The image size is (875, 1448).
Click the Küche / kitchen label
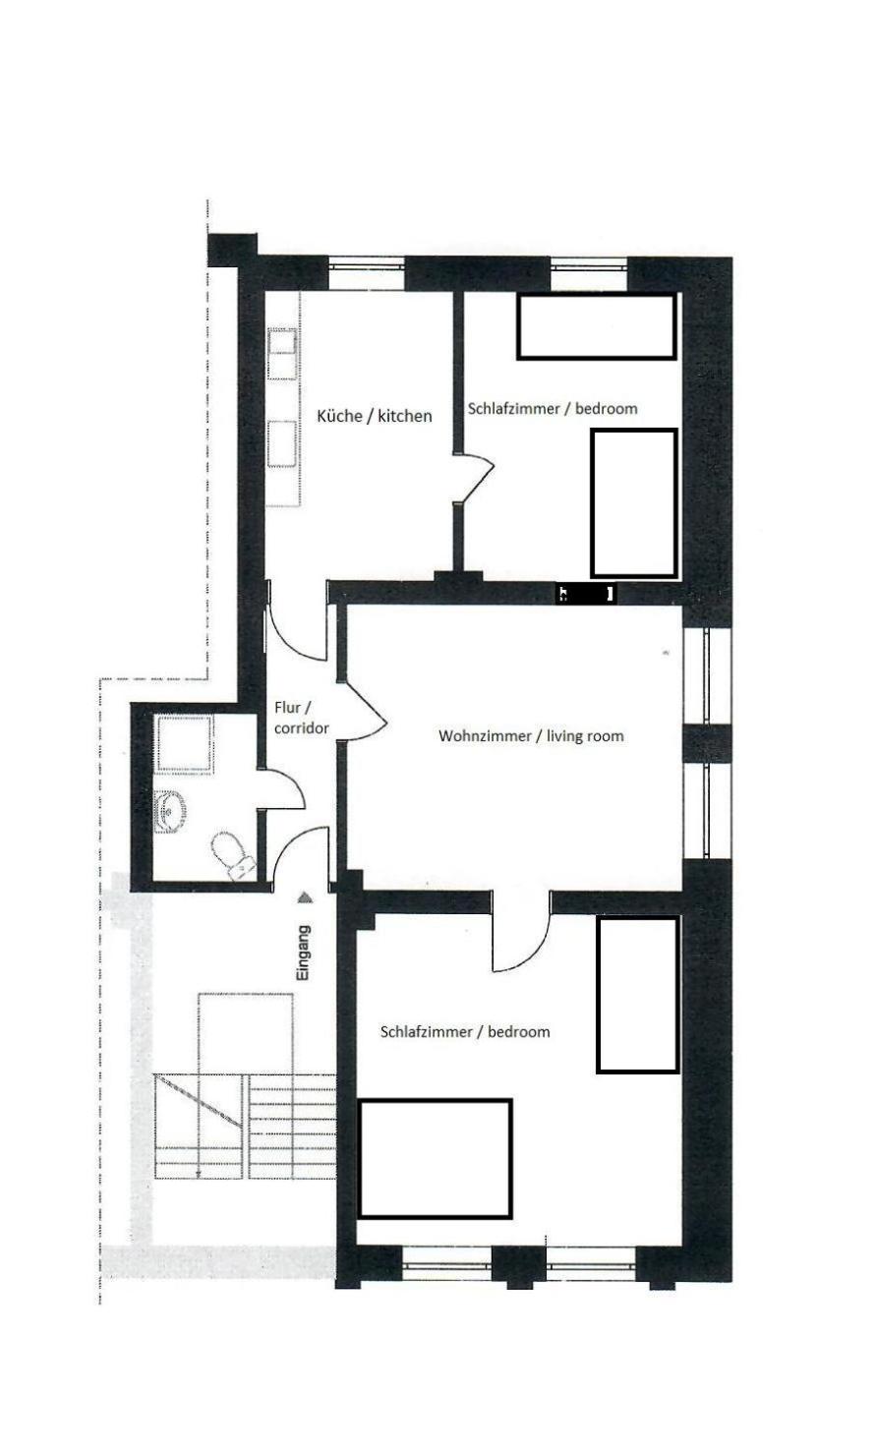pyautogui.click(x=374, y=416)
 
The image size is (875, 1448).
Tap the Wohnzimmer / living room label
pyautogui.click(x=531, y=735)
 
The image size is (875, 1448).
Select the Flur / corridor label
pyautogui.click(x=302, y=718)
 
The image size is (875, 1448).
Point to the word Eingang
pyautogui.click(x=304, y=955)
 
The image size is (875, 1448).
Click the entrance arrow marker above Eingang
pyautogui.click(x=305, y=898)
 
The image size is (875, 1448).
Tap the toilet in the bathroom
pyautogui.click(x=233, y=856)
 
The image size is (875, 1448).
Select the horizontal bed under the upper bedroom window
pyautogui.click(x=596, y=326)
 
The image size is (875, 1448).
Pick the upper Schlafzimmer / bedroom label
pyautogui.click(x=553, y=409)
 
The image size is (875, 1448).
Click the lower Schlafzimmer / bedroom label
pyautogui.click(x=465, y=1032)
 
